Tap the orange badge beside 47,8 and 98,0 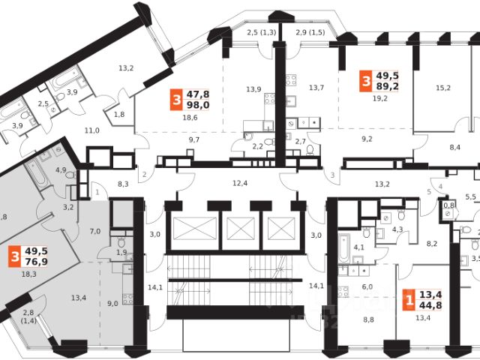tap(176, 99)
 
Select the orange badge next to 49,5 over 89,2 tap(365, 79)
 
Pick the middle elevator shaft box tap(241, 226)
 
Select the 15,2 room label tap(444, 88)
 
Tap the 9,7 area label tap(194, 140)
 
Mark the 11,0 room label tap(92, 130)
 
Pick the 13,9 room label tap(253, 89)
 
